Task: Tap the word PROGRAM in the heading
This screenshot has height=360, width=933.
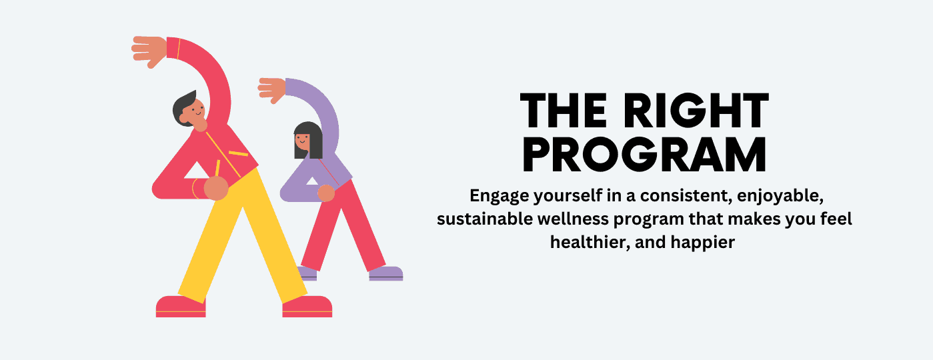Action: coord(644,155)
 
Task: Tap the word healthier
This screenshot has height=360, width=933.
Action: coord(590,242)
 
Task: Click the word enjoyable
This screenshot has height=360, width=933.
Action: coord(780,197)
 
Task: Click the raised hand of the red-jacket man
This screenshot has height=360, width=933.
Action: coord(149,51)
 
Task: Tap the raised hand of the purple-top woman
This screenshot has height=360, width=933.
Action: coord(272,89)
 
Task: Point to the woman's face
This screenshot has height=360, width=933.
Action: coord(302,142)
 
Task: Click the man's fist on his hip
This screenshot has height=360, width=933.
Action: coord(216,188)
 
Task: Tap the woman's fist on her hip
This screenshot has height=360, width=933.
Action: coord(326,193)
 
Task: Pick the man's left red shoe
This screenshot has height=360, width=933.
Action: coord(181,307)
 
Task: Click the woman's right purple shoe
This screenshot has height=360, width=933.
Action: coord(385,273)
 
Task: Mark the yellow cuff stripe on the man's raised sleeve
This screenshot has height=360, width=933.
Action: coord(179,49)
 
